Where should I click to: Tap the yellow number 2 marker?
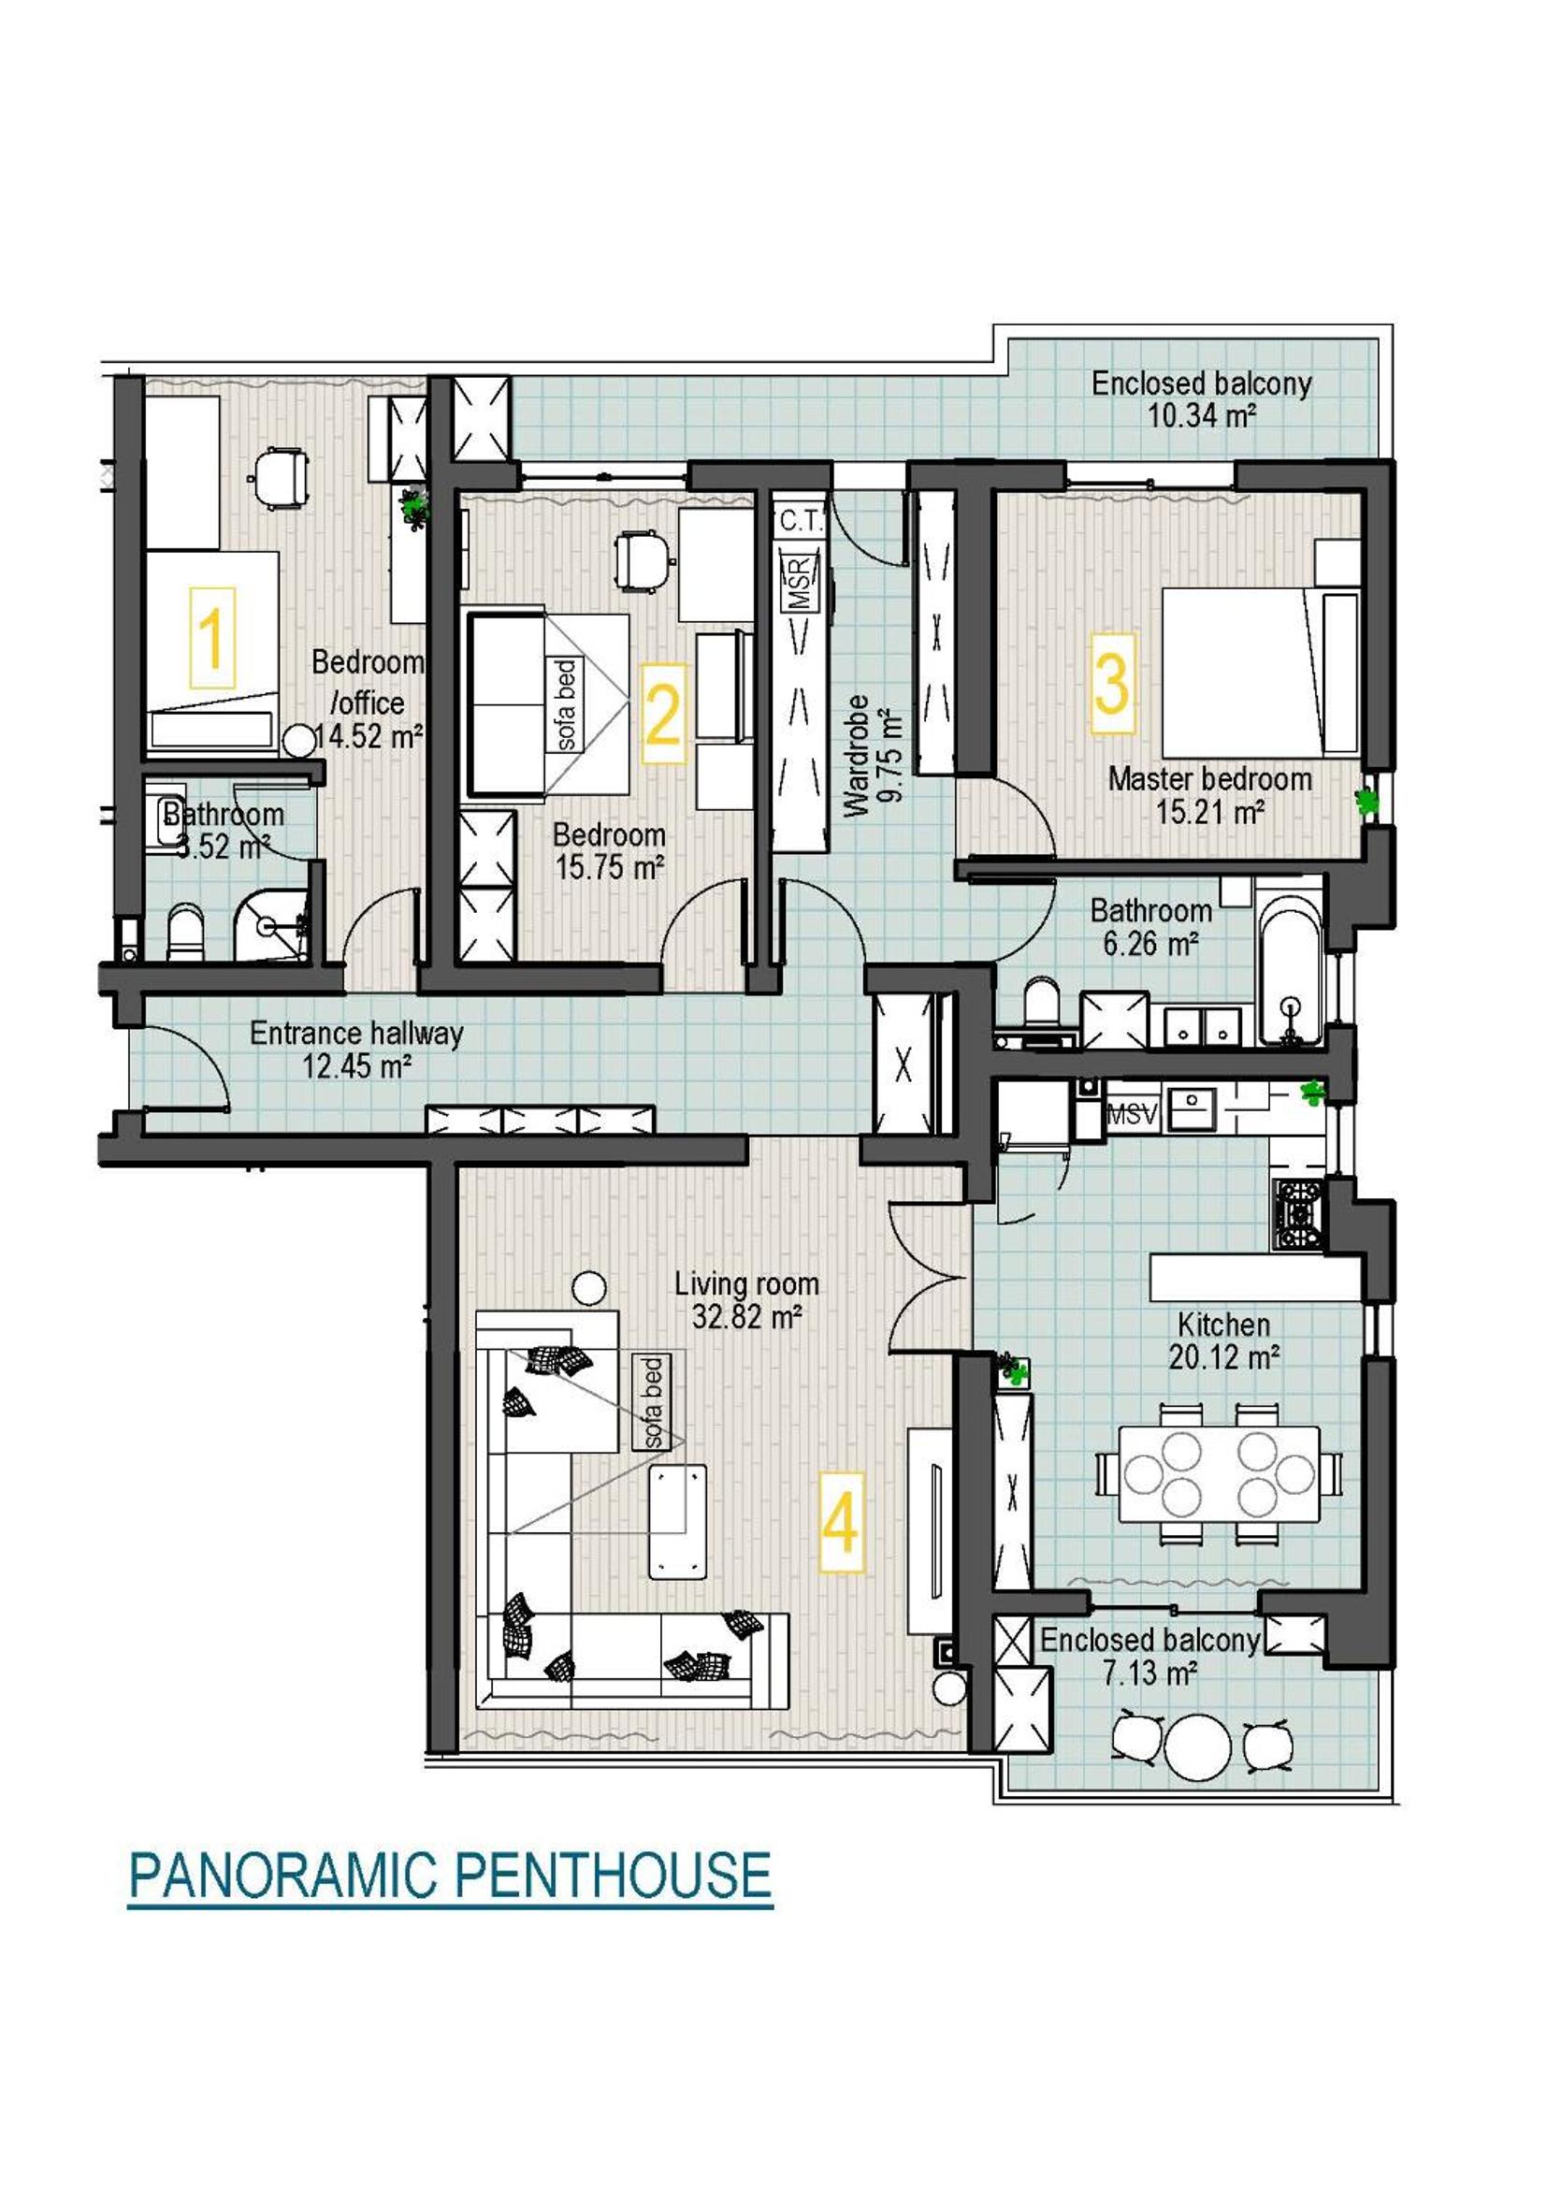pos(664,714)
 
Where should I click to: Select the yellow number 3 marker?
pos(1113,683)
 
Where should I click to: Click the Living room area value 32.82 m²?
pos(746,1316)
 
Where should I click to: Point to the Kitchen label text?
pos(1224,1324)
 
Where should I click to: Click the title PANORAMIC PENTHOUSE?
pos(450,1900)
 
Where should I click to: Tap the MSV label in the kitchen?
pos(1132,1114)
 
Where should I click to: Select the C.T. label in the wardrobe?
pos(802,521)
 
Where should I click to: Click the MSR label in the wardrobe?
pos(798,583)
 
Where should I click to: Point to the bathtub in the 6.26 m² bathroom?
pos(1289,968)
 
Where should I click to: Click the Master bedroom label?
pos(1209,779)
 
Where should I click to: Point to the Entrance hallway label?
pos(356,1033)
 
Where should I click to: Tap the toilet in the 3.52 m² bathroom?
pos(185,932)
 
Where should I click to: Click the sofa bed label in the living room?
pos(653,1403)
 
